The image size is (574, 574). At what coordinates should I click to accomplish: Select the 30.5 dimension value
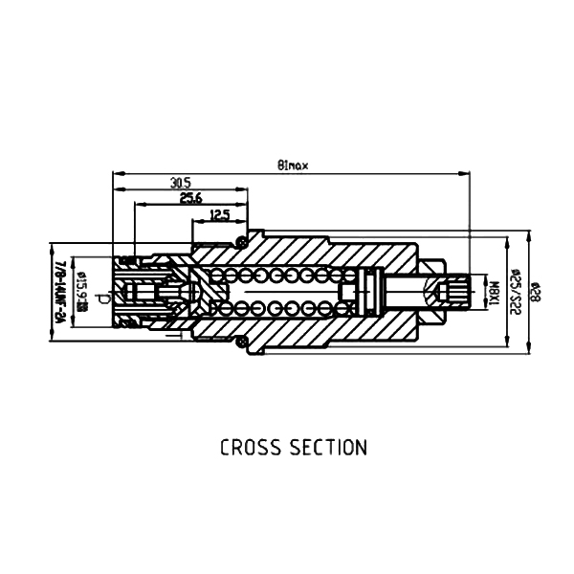(180, 182)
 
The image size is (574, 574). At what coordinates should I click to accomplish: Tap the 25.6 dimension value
(190, 198)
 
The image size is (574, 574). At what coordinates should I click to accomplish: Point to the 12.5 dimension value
(219, 215)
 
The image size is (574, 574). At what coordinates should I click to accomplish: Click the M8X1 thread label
(496, 291)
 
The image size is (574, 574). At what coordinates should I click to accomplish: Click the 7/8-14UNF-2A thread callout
(58, 291)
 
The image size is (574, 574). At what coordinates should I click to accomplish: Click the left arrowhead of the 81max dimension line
(117, 173)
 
